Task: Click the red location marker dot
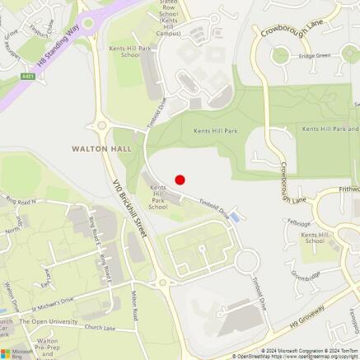point(180,179)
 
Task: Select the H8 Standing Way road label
point(62,45)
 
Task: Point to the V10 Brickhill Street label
point(130,205)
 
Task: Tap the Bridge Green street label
point(314,56)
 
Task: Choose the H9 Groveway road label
point(306,319)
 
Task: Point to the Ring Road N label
point(21,201)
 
